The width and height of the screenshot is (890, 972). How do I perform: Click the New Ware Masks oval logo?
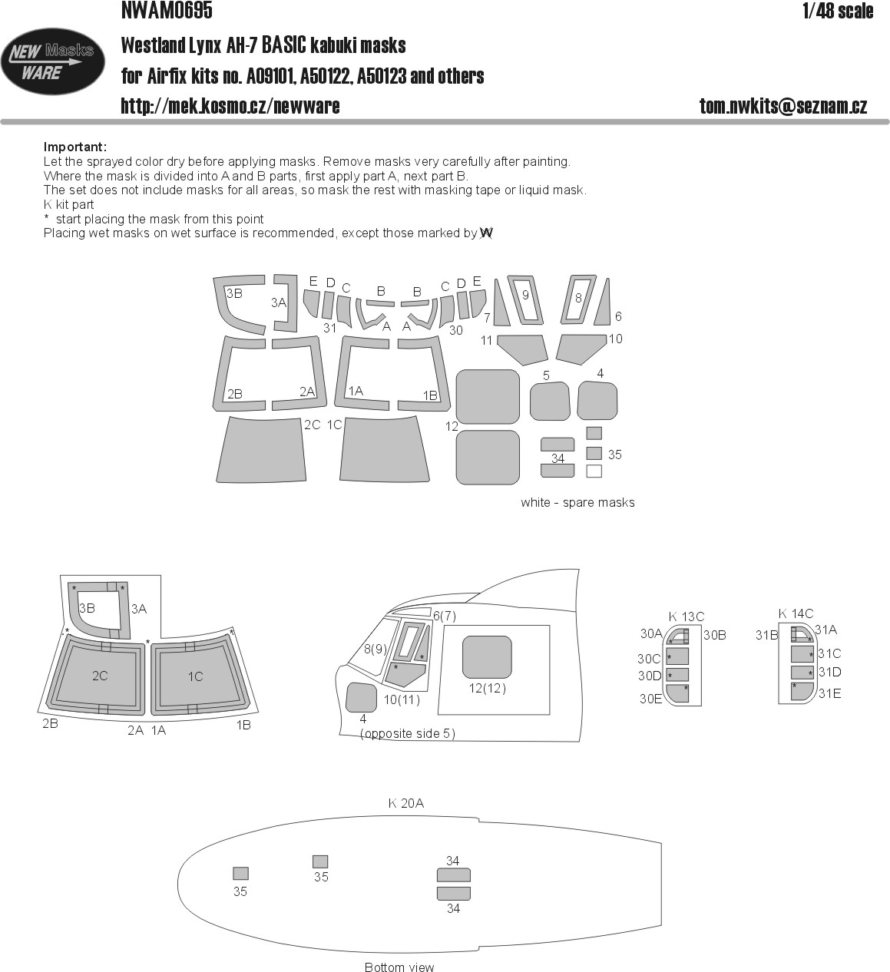tap(52, 61)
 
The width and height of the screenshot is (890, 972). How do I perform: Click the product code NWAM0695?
tap(167, 10)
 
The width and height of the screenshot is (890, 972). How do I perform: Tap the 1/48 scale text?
tap(838, 11)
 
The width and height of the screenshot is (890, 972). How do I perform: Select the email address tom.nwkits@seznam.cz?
tap(782, 106)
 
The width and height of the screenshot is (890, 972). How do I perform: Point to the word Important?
tap(75, 147)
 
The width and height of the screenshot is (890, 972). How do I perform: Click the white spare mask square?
tap(594, 471)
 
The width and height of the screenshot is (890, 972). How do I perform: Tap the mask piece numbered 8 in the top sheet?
tap(577, 299)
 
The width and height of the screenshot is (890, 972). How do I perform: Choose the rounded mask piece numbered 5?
tap(550, 401)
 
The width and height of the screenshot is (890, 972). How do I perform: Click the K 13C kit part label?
tap(686, 617)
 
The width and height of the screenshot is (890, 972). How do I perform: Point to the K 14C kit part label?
tap(796, 613)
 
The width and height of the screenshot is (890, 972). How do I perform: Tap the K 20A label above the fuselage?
tap(405, 803)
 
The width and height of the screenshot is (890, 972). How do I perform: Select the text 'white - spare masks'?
tap(577, 502)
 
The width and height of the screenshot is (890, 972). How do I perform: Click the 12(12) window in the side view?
tap(487, 657)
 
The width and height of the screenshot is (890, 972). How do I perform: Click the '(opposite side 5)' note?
tap(407, 733)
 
